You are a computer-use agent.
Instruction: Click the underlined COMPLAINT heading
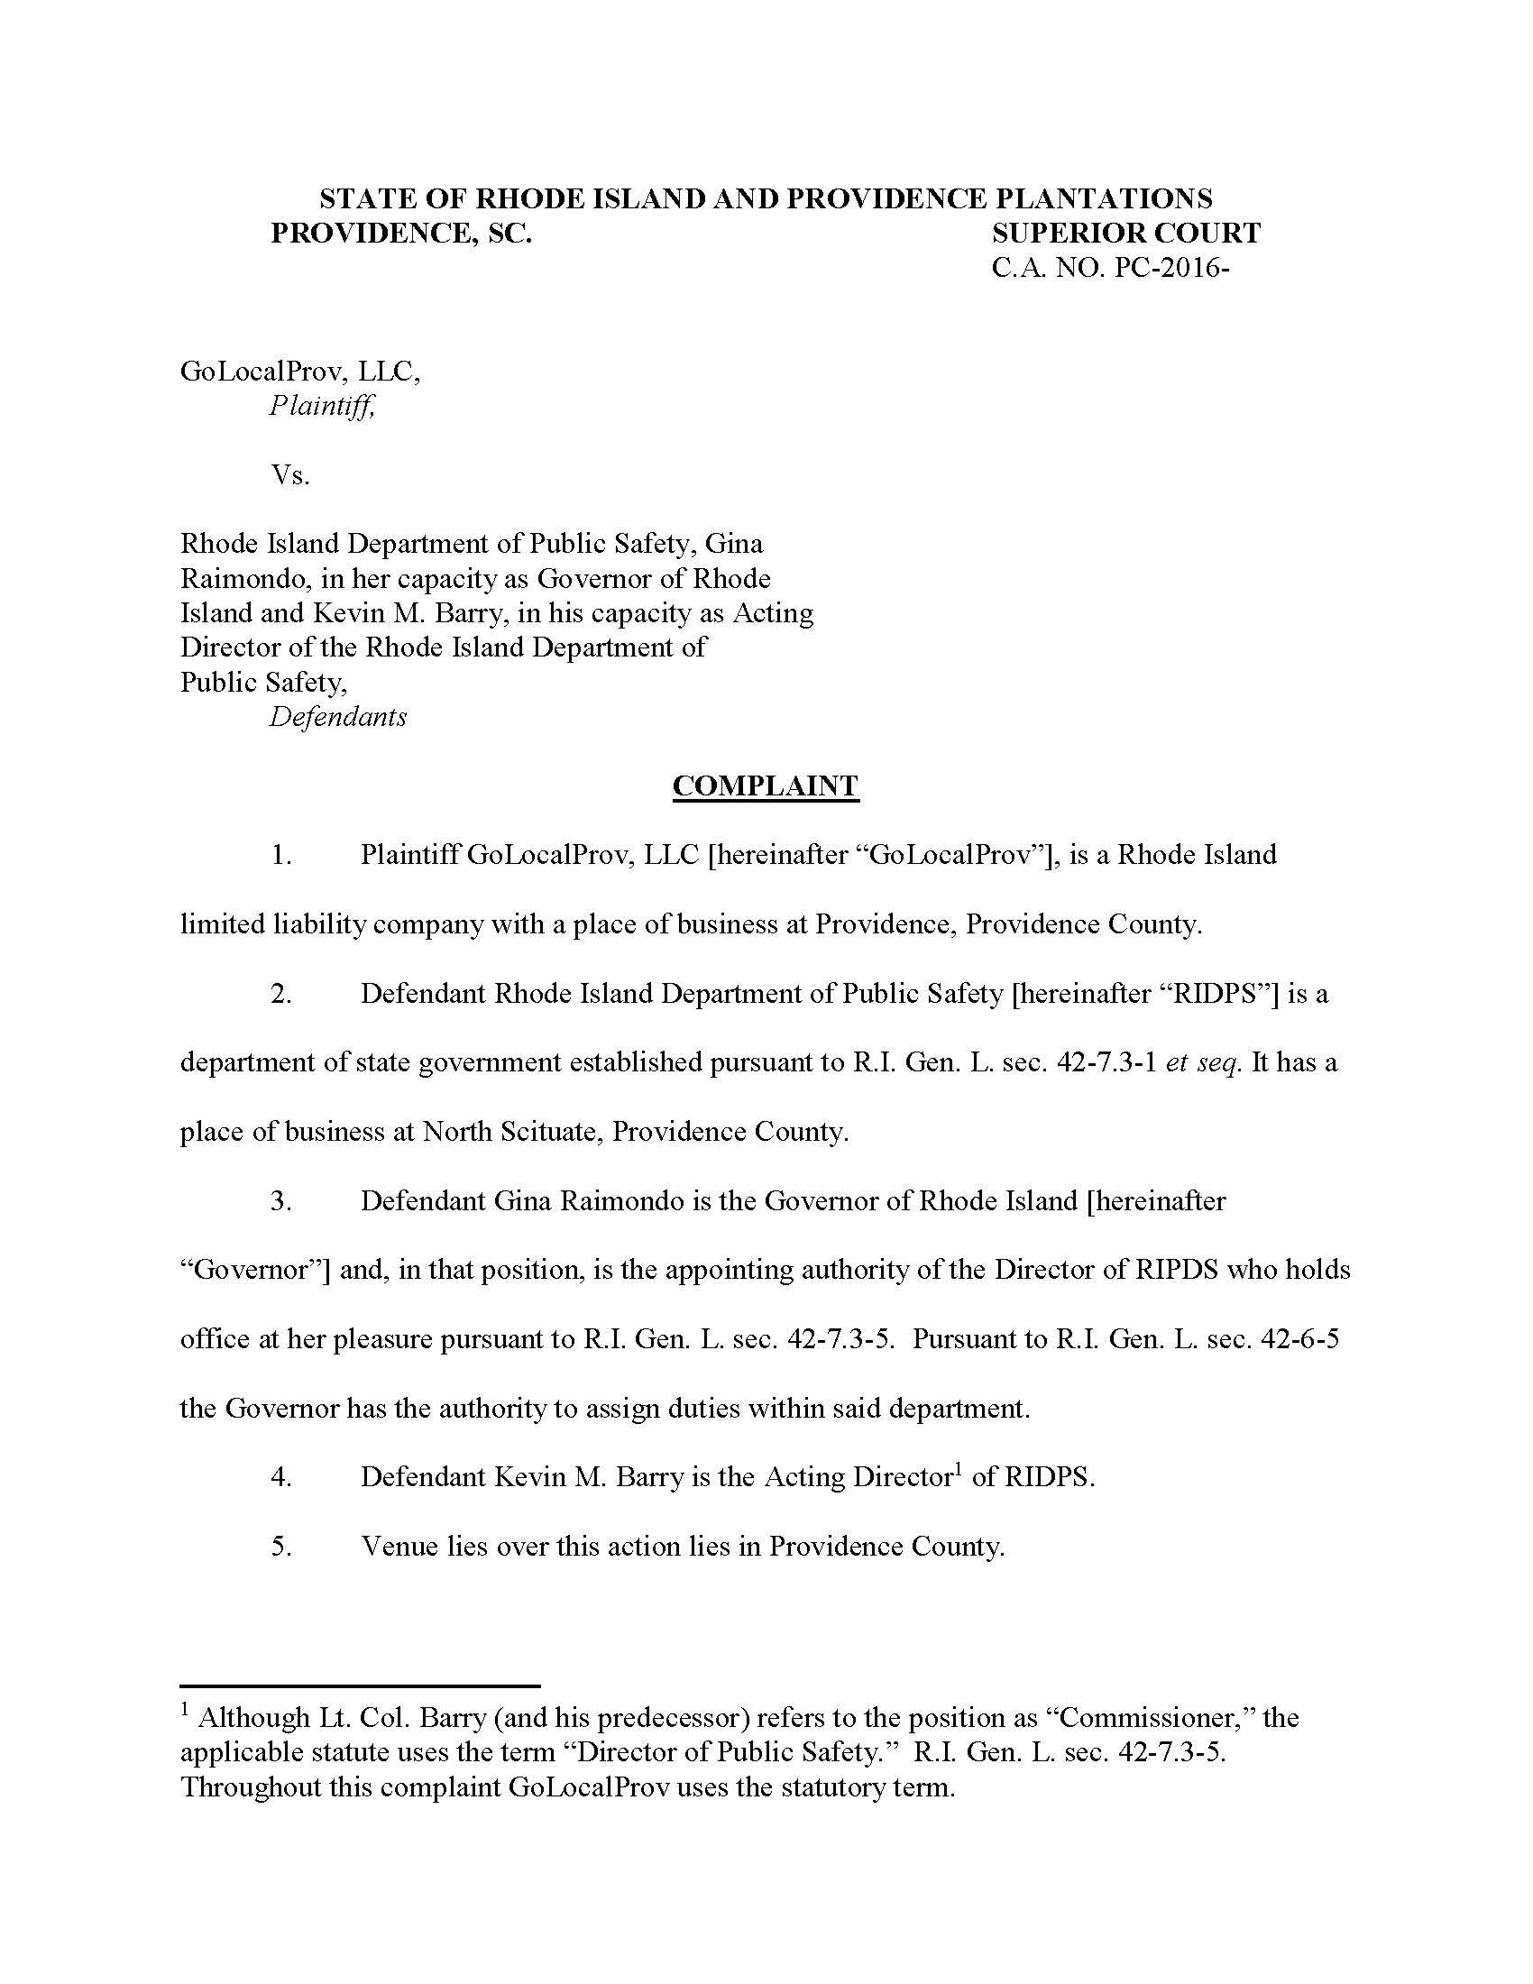765,785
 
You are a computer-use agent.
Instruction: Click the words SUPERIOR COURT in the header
1125,234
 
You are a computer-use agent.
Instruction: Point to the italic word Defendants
338,717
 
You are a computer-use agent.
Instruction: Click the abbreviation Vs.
289,474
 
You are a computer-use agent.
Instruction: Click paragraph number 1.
280,855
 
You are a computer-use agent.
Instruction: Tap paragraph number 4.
280,1476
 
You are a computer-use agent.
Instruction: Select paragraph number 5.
280,1546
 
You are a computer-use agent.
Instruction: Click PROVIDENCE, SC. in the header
401,234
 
